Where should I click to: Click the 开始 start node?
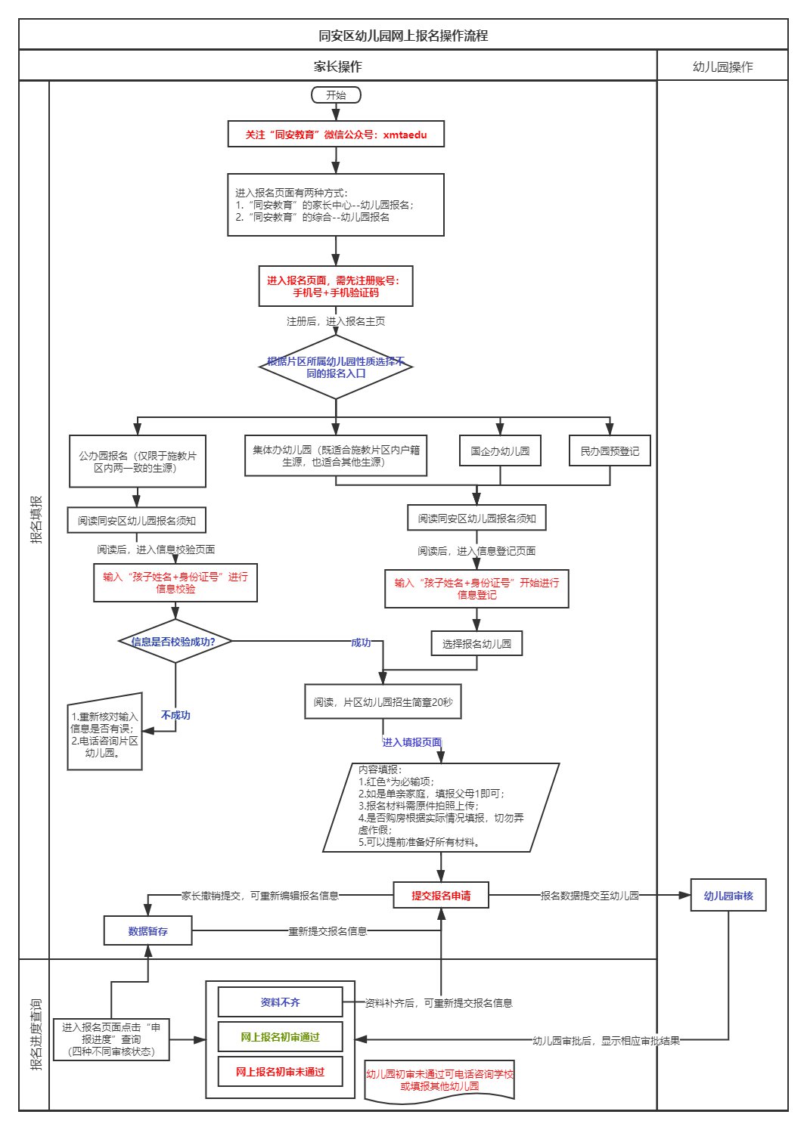tap(336, 95)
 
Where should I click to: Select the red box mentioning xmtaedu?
tap(336, 135)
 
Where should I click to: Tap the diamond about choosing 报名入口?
tap(336, 367)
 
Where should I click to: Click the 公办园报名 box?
tap(137, 461)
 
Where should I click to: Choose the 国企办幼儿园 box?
tap(500, 451)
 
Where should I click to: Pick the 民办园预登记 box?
tap(610, 451)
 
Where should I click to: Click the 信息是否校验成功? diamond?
tap(175, 642)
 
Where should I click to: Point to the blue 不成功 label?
tap(175, 715)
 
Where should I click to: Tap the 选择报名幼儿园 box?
tap(476, 644)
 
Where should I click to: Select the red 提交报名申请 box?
tap(441, 896)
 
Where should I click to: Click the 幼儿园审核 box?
tap(728, 896)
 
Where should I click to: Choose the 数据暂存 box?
tap(147, 931)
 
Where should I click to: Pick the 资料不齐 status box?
tap(280, 1002)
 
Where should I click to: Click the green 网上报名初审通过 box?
tap(280, 1037)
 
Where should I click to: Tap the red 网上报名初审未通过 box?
tap(280, 1072)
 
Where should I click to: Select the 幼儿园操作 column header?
tap(722, 67)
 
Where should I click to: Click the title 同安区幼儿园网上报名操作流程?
tap(403, 36)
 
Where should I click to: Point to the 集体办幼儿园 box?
tap(336, 455)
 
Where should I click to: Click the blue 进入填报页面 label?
tap(411, 742)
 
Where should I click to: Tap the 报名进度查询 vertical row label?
tap(35, 1035)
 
